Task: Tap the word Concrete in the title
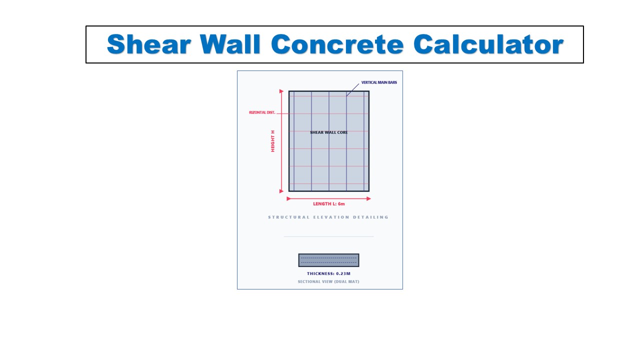point(337,44)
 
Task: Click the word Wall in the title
point(231,44)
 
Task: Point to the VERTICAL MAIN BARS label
point(379,82)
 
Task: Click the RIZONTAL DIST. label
point(262,112)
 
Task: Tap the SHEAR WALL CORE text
point(328,132)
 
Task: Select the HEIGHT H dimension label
point(273,141)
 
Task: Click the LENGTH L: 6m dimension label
point(328,204)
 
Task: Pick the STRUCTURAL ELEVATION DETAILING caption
point(328,217)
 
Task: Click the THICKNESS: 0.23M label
point(328,273)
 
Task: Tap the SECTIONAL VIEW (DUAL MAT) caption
point(328,281)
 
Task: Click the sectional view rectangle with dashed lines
point(328,260)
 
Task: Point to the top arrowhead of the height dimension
point(281,92)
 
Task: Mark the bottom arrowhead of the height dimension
point(281,190)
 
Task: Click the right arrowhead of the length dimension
point(368,198)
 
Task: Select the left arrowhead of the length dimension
point(288,198)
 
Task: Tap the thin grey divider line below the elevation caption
point(328,236)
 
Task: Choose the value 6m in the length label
point(340,204)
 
